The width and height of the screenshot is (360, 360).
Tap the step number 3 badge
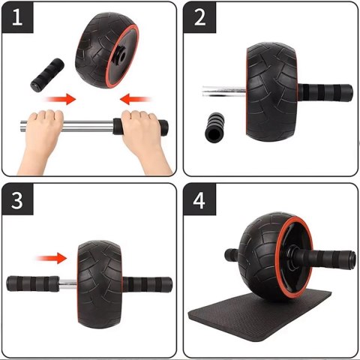click(x=21, y=200)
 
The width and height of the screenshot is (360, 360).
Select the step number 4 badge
click(x=200, y=200)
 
